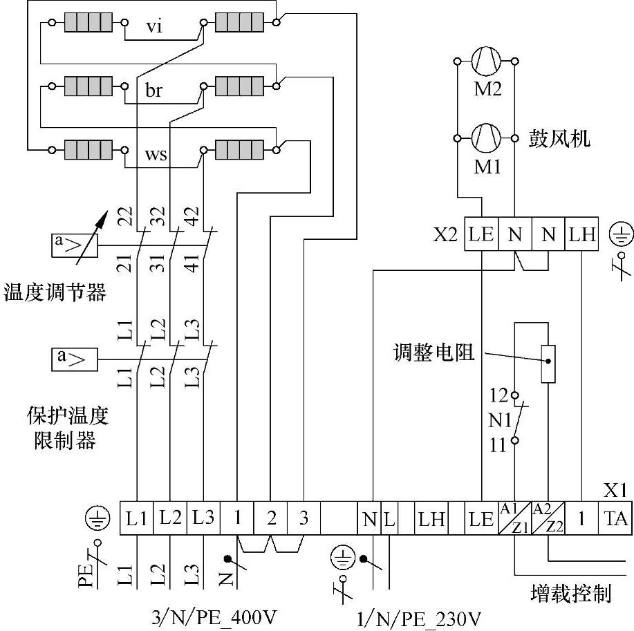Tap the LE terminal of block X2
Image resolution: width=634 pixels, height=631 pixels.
coord(481,234)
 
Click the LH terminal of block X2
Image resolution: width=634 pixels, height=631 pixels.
coord(582,234)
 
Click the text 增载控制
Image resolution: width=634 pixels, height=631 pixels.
coord(571,592)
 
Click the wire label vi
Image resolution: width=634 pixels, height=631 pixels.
coord(154,28)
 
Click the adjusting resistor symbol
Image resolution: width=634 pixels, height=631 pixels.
coord(548,363)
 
